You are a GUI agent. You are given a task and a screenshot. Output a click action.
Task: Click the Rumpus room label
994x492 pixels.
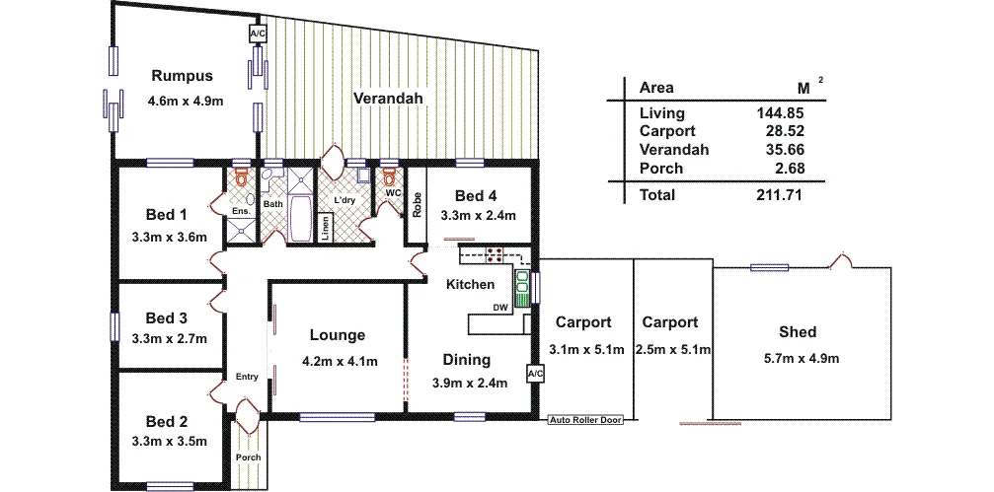click(182, 76)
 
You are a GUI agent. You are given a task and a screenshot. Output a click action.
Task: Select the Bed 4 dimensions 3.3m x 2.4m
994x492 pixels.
click(477, 215)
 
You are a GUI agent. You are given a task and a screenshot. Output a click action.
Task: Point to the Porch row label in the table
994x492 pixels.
click(660, 169)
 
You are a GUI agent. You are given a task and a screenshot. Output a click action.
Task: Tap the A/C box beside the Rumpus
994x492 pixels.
click(258, 35)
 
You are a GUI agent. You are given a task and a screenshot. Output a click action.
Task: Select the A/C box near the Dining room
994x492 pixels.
click(535, 375)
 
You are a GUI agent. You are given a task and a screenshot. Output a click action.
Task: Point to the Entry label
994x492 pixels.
click(247, 377)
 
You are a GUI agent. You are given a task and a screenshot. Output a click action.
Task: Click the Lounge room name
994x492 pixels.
click(337, 335)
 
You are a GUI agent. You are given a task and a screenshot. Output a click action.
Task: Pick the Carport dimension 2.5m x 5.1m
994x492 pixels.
click(673, 349)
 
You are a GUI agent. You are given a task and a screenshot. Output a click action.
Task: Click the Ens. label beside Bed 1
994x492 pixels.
click(239, 211)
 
